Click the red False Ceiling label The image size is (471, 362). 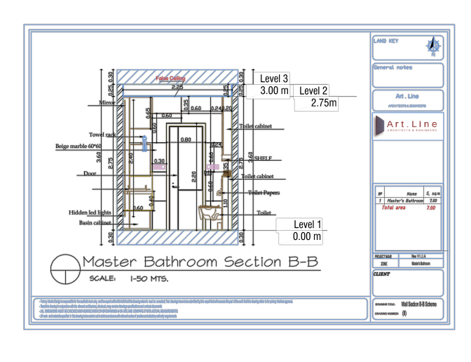point(170,79)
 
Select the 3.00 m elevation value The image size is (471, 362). point(275,91)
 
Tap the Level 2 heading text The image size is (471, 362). point(313,90)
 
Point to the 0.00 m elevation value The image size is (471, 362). point(307,237)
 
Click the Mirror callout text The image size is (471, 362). point(107,102)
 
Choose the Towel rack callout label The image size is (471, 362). point(101,134)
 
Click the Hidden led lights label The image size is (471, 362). point(90,212)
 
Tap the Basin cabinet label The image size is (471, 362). point(95,222)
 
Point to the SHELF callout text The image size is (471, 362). point(264,159)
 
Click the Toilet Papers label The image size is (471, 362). point(264,192)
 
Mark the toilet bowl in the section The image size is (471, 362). point(210,213)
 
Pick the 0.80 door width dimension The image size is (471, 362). point(186,140)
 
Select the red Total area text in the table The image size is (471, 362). point(392,208)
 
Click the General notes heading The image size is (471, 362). point(392,68)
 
